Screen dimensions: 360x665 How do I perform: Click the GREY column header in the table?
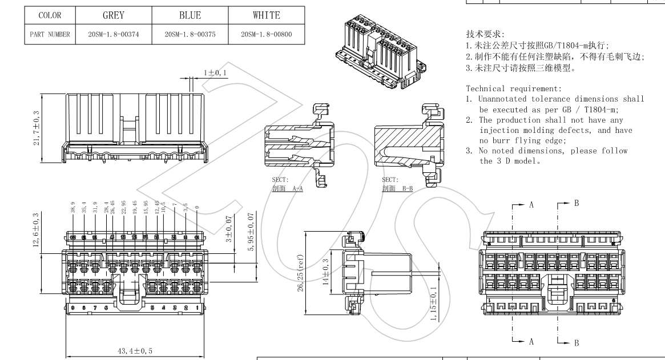[x=114, y=15]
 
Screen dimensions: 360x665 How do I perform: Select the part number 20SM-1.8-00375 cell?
[x=190, y=35]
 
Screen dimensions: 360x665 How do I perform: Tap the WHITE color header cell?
[x=266, y=15]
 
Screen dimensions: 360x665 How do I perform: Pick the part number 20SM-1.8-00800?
[x=266, y=35]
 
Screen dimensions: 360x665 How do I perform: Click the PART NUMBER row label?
[x=50, y=35]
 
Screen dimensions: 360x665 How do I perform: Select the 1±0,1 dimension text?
[x=215, y=72]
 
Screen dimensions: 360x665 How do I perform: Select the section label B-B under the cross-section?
[x=397, y=188]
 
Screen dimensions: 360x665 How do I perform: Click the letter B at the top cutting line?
[x=576, y=203]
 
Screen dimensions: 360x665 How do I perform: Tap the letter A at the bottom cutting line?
[x=531, y=341]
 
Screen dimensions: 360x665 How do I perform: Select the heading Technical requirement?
[x=514, y=88]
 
